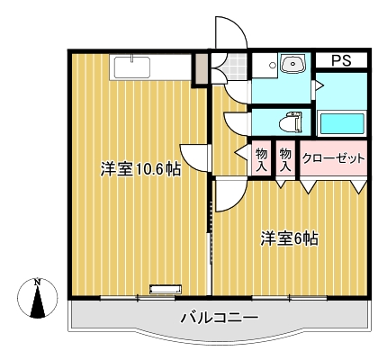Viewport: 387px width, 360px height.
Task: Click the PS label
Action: coord(341,60)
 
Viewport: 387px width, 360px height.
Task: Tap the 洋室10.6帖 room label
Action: coord(140,169)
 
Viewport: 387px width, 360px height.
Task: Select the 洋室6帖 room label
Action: coord(289,238)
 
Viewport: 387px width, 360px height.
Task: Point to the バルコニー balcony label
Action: coord(220,317)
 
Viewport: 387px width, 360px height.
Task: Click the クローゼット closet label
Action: coord(334,157)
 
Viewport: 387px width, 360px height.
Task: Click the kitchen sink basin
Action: coord(131,67)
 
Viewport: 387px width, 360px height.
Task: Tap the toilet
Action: coord(290,122)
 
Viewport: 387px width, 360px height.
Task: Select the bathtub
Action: coord(342,123)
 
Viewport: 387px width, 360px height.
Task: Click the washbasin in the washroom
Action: coord(293,64)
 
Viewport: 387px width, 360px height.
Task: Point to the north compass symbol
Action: coord(37,298)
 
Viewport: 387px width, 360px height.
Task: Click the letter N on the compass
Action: coord(37,283)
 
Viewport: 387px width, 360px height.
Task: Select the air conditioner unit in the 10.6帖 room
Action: coord(166,289)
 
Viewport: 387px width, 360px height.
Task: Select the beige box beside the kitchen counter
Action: coord(202,69)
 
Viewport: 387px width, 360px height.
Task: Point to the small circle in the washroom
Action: coord(273,65)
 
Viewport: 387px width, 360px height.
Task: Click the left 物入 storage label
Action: coord(261,161)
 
